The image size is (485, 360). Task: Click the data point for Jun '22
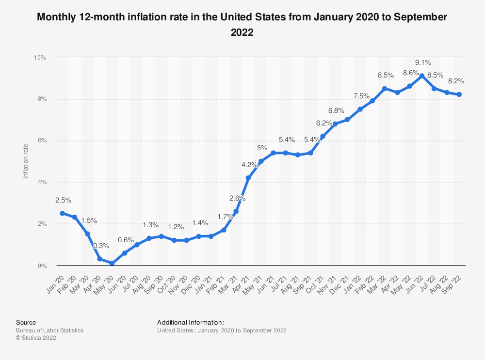coord(422,76)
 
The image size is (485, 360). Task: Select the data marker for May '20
coord(112,264)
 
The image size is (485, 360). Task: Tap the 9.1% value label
coord(422,63)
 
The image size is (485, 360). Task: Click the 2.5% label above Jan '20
coord(63,200)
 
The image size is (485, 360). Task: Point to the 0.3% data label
coord(101,246)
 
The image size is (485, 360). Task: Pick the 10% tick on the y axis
coord(40,58)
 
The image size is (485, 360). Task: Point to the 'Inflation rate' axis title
coord(26,162)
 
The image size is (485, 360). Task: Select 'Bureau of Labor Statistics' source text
coord(49,330)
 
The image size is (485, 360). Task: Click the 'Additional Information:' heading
coord(191,322)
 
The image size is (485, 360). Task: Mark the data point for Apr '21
coord(248,178)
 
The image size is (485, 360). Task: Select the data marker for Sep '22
coord(459,94)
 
